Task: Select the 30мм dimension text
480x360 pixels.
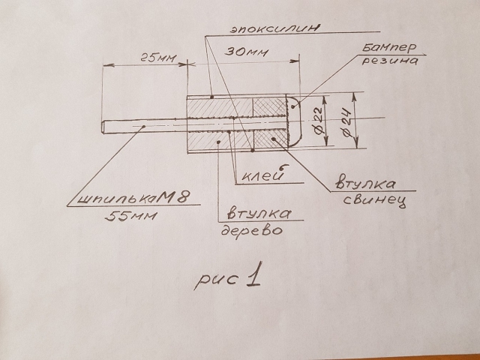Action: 245,55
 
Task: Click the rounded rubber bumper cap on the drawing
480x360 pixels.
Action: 294,120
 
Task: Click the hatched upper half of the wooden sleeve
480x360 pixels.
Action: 217,108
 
